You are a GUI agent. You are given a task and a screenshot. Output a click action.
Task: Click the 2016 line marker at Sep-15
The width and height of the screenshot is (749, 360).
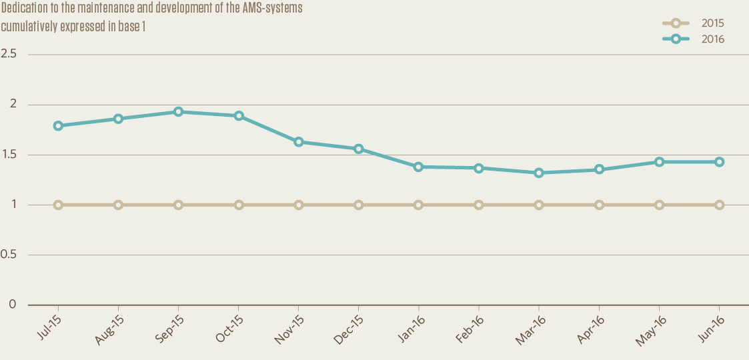179,112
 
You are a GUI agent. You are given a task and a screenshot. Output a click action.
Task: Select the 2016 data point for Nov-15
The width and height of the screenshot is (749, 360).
299,142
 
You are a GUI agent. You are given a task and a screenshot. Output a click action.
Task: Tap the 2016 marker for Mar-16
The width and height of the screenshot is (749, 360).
539,173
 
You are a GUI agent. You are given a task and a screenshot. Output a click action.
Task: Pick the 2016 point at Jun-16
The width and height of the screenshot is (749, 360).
720,162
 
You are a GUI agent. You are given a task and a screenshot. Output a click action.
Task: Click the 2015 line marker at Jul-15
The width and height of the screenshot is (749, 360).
59,205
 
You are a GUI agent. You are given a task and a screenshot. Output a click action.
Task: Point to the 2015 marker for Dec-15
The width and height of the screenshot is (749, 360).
359,205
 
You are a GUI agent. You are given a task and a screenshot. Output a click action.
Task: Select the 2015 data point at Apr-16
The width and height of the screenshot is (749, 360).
599,205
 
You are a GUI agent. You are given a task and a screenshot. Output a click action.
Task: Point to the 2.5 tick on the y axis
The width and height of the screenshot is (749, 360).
9,54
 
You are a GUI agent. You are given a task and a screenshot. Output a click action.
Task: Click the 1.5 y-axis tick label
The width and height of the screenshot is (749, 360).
9,155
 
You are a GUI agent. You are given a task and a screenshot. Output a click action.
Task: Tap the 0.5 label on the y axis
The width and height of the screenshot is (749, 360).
9,255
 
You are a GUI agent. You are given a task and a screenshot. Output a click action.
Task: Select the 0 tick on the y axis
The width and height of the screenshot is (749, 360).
12,305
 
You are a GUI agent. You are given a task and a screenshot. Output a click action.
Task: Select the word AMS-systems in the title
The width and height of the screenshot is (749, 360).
275,9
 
